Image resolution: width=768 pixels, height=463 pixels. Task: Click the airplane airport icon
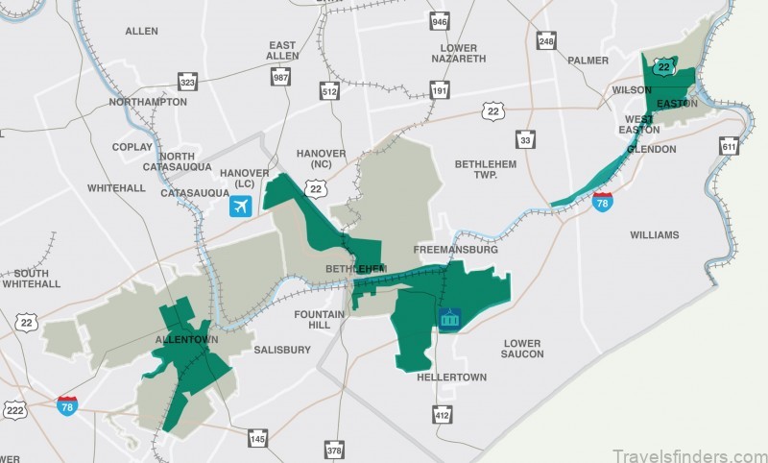click(x=240, y=206)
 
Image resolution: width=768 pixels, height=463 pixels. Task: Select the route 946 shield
click(x=440, y=21)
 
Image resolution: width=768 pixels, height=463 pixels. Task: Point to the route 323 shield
click(x=188, y=84)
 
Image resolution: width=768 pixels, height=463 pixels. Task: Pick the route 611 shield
click(x=729, y=145)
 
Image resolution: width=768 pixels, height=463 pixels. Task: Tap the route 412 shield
click(x=441, y=415)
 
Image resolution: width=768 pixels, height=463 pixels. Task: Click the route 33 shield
click(x=525, y=141)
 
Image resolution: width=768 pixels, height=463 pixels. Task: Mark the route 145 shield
click(x=257, y=439)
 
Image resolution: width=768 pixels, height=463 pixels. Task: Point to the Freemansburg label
click(x=455, y=250)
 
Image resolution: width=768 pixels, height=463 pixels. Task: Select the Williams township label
click(x=655, y=235)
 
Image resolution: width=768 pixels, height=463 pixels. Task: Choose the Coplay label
click(x=132, y=147)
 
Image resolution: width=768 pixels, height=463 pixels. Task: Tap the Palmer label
click(x=588, y=60)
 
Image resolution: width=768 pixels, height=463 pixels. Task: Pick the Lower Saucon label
click(x=522, y=349)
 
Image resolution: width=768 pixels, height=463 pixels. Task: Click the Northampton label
click(x=148, y=102)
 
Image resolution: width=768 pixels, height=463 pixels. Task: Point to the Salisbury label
click(x=282, y=350)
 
